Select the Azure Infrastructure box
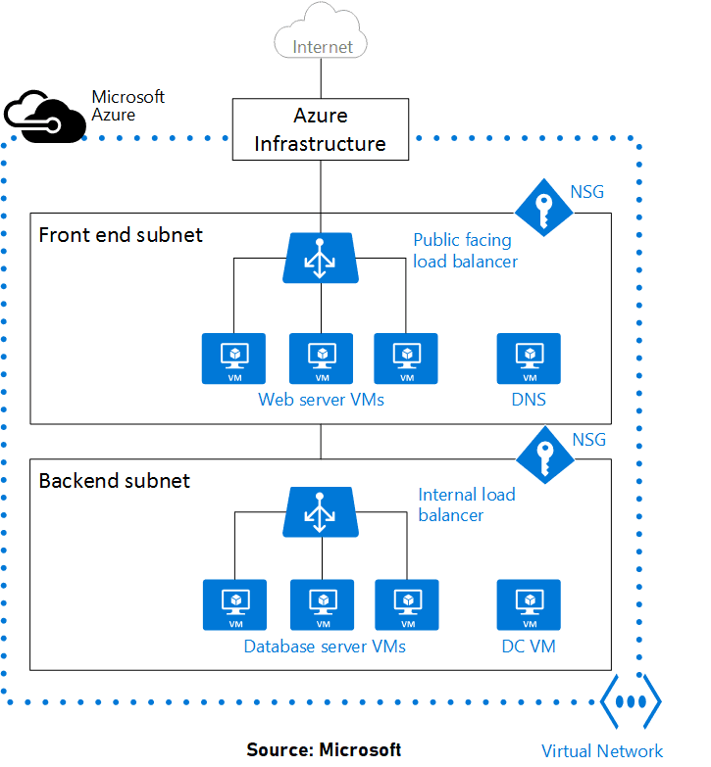[x=320, y=130]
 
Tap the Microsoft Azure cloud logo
[x=43, y=114]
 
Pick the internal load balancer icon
[x=320, y=512]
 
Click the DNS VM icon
[x=529, y=359]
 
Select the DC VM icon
[x=529, y=604]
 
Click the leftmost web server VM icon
[x=233, y=359]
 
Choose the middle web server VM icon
[x=321, y=359]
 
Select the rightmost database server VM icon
[x=406, y=604]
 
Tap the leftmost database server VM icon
[x=234, y=604]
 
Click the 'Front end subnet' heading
[x=120, y=235]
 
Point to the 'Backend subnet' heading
[x=114, y=481]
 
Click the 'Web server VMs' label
[x=321, y=400]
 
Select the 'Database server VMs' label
[x=324, y=647]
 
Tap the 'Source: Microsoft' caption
[x=324, y=749]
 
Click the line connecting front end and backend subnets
[x=321, y=441]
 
